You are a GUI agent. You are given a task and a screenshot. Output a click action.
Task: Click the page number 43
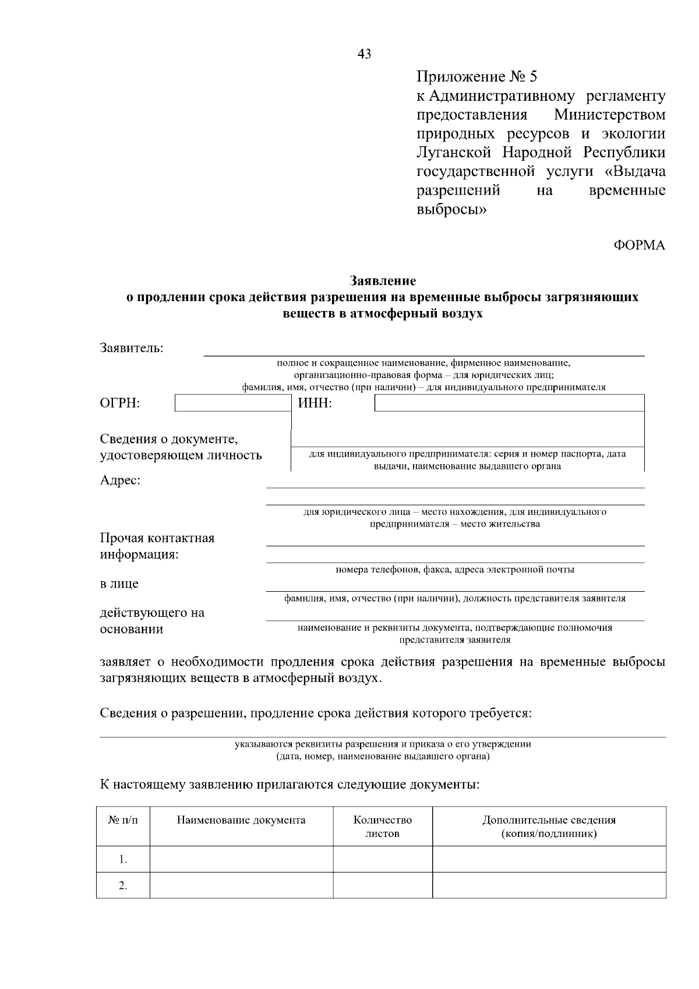(x=364, y=54)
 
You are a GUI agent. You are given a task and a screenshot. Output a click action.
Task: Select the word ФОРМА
(x=639, y=245)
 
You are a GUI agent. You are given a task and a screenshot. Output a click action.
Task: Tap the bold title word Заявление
(x=383, y=281)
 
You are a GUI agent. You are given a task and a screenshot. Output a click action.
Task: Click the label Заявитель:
(x=132, y=348)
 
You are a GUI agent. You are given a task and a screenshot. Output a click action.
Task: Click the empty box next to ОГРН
(x=232, y=403)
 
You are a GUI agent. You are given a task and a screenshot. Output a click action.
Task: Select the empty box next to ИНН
(x=509, y=403)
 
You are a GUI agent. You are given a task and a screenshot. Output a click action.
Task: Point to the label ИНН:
(x=315, y=403)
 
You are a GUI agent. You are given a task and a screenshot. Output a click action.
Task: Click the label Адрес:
(x=120, y=481)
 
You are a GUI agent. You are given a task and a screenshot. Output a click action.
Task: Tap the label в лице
(x=119, y=584)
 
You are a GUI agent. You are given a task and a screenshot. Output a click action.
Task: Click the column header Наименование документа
(x=241, y=820)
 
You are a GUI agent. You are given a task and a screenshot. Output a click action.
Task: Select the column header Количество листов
(x=383, y=826)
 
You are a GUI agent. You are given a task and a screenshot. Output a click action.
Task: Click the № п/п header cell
(x=123, y=820)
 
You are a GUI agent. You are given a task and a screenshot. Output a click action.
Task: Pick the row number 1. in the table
(x=123, y=859)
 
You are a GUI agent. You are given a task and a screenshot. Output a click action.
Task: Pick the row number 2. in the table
(x=123, y=885)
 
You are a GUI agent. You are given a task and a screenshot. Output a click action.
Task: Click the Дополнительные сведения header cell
(x=549, y=826)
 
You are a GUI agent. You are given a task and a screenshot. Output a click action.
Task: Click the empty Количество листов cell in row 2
(x=383, y=885)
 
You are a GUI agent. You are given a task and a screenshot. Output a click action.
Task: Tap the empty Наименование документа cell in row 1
(x=241, y=859)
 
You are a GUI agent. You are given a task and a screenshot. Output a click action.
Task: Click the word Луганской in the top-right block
(x=451, y=153)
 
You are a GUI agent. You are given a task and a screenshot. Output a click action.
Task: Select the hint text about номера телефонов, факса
(x=455, y=570)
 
